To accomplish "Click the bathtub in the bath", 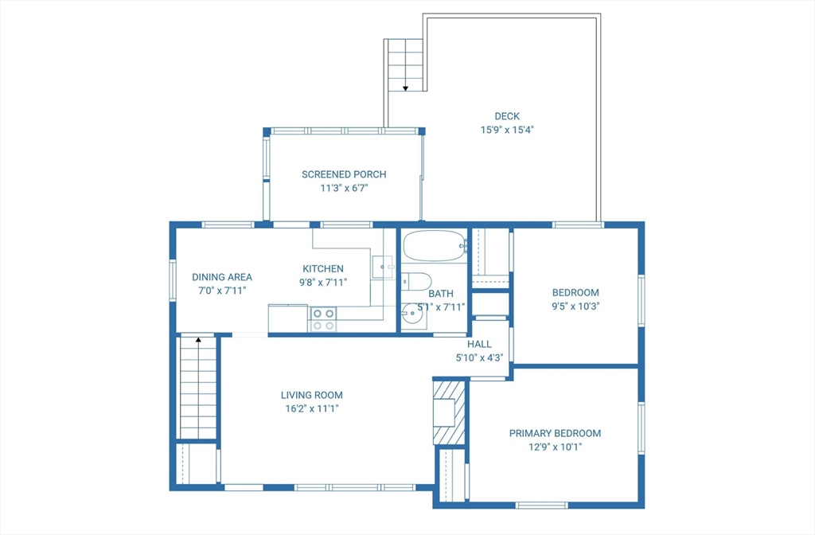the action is (x=435, y=246).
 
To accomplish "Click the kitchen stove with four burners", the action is (x=323, y=319).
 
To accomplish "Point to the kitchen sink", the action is (x=383, y=267).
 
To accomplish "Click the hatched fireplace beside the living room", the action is (x=449, y=413).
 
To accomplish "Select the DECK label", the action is (x=507, y=116).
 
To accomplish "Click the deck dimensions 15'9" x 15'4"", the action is (x=507, y=130).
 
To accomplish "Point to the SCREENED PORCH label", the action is (x=344, y=174).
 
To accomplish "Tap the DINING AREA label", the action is (x=222, y=277).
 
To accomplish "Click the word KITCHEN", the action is (x=323, y=268).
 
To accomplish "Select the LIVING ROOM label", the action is (x=311, y=395).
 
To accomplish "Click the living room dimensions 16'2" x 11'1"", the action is (x=311, y=408).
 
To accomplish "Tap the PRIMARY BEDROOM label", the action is (x=555, y=433).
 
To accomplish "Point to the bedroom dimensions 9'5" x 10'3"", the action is (x=575, y=307).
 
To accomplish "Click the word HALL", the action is (x=479, y=344).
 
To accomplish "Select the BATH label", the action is (x=441, y=294).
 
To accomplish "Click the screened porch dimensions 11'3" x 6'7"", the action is (x=344, y=188).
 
